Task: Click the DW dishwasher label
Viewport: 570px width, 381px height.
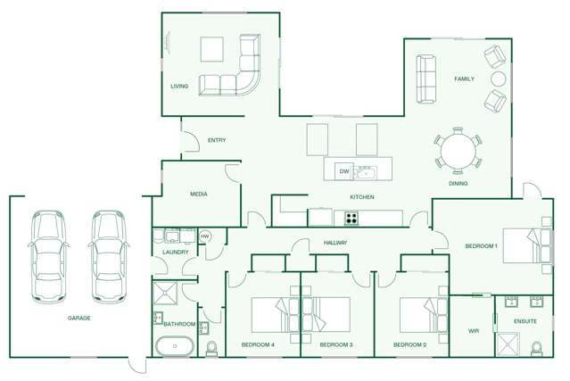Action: (343, 170)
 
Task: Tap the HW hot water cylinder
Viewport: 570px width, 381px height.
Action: (204, 236)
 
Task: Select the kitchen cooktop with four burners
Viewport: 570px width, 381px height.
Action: (351, 218)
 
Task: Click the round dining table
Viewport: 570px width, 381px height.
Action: (457, 150)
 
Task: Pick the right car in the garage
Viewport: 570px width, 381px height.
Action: (107, 254)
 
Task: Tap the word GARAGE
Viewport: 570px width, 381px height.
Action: (78, 318)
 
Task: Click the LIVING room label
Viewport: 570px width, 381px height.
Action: (179, 87)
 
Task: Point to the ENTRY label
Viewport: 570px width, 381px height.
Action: (216, 140)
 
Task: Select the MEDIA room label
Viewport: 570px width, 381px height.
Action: (199, 194)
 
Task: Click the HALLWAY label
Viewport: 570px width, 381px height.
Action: (335, 243)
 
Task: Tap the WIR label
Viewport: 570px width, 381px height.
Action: (474, 331)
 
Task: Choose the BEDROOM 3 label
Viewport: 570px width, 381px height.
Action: (336, 344)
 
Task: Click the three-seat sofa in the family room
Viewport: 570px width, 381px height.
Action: (425, 79)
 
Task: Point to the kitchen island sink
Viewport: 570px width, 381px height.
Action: (365, 170)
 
